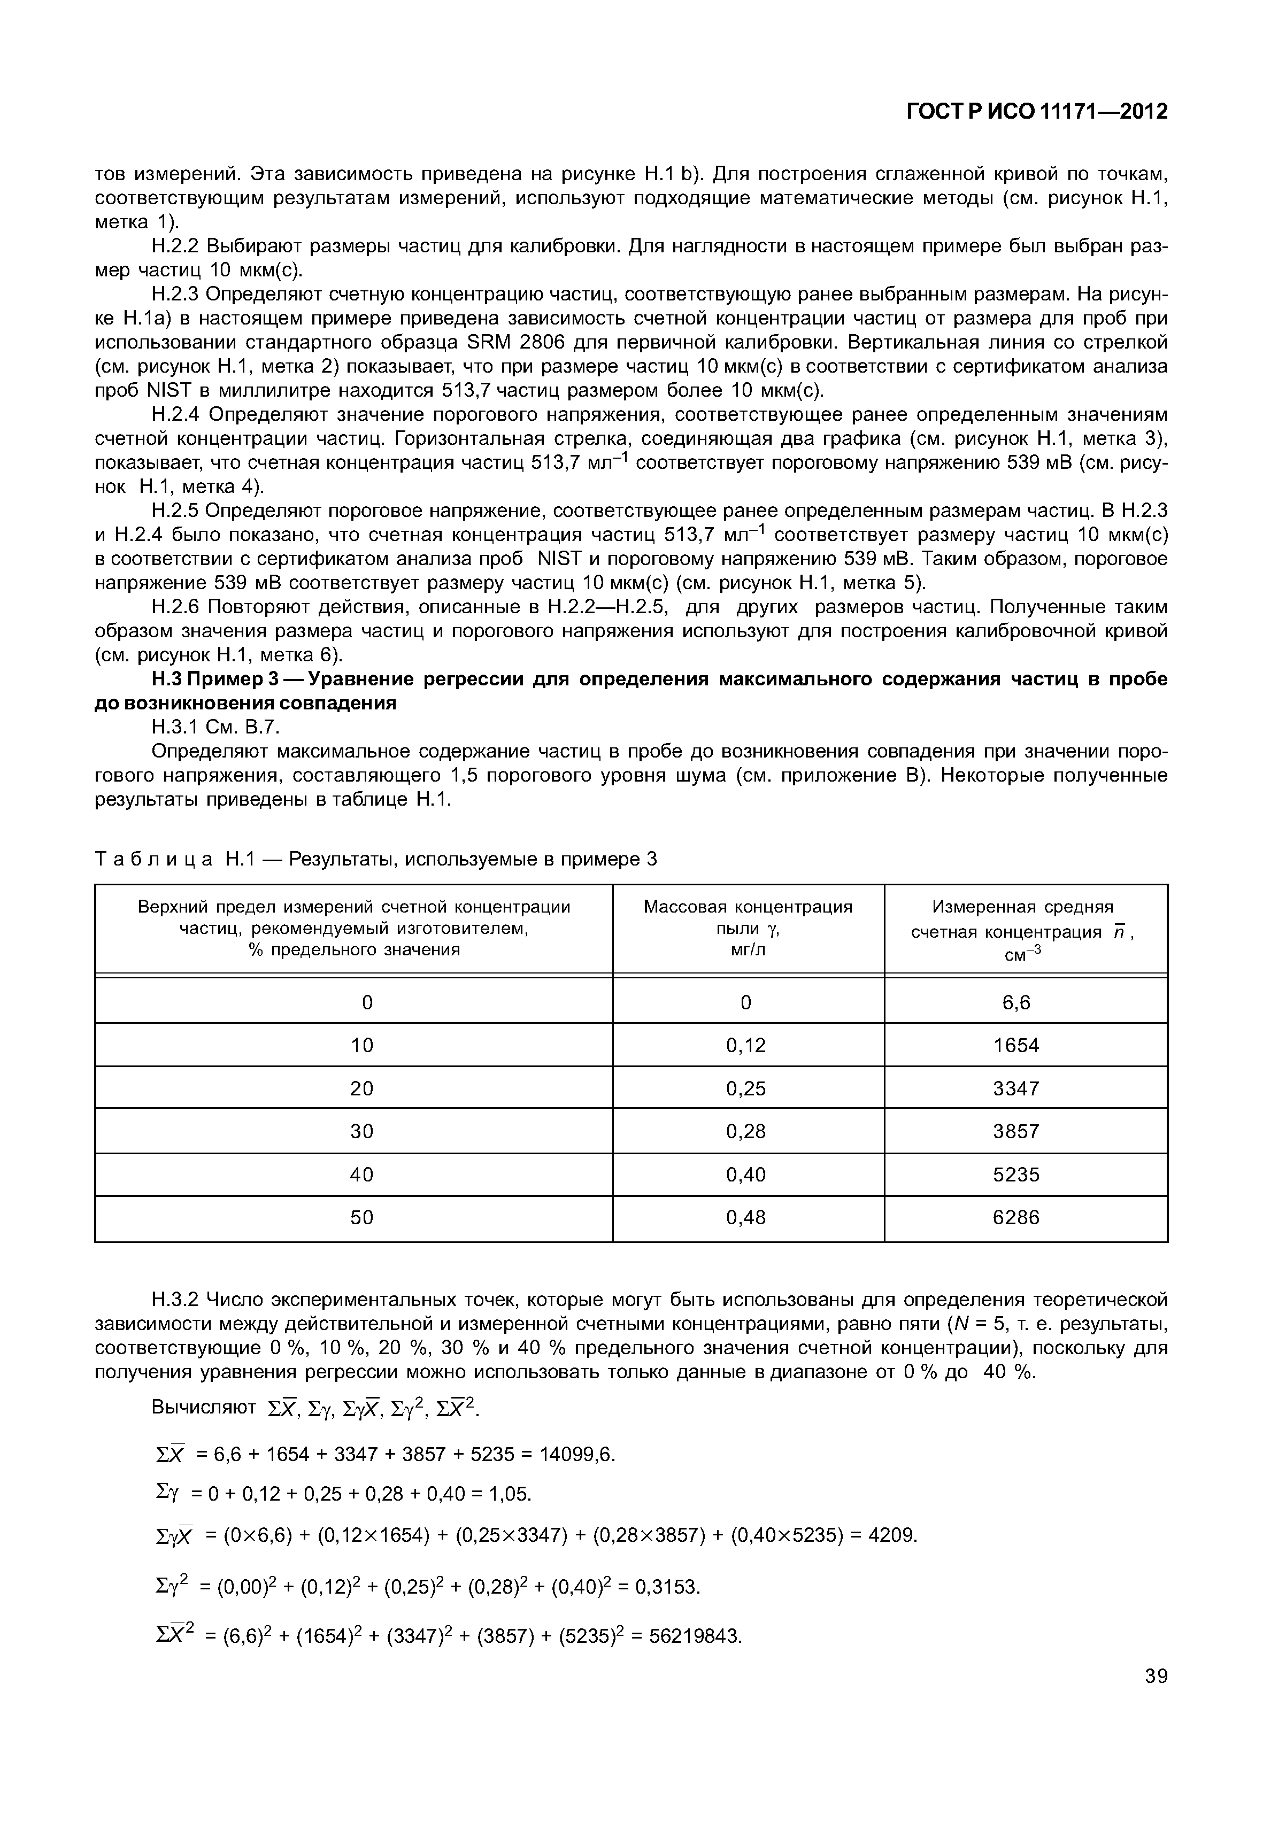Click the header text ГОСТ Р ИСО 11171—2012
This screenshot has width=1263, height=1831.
[1037, 112]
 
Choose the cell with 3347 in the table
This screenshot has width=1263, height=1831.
[1016, 1089]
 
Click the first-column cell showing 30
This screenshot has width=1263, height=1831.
[361, 1132]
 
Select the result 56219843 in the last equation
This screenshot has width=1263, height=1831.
[695, 1635]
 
